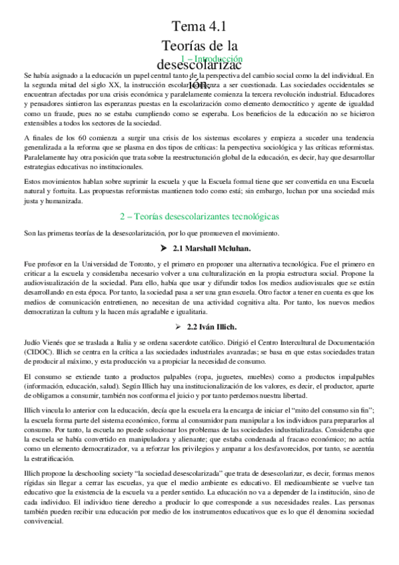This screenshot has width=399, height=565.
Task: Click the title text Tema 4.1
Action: [x=199, y=27]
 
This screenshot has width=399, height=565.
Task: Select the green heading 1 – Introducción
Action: [x=211, y=59]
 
